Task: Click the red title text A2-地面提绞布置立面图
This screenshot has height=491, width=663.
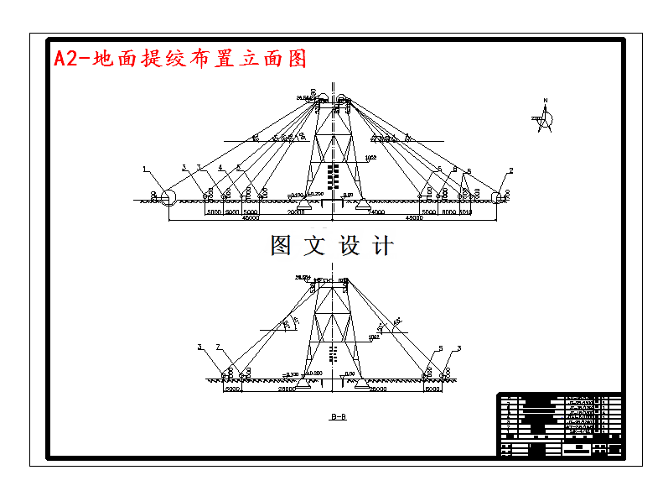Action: click(x=179, y=58)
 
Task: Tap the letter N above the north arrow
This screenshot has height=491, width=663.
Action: click(x=545, y=102)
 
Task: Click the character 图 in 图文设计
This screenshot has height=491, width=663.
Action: click(x=281, y=246)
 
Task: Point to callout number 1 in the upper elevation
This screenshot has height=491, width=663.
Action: click(x=144, y=169)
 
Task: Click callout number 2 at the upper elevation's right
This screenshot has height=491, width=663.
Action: click(x=511, y=170)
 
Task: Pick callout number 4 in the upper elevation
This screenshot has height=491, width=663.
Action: click(x=220, y=168)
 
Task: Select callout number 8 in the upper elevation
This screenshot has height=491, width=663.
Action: click(x=454, y=169)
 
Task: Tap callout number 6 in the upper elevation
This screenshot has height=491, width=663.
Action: click(x=469, y=170)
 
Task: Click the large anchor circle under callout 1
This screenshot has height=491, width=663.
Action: click(x=167, y=198)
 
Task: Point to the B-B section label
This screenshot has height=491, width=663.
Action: click(x=339, y=415)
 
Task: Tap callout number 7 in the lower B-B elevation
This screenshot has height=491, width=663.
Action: click(x=218, y=347)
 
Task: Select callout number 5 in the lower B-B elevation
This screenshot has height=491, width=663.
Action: click(x=439, y=347)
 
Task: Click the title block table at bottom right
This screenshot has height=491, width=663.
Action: click(x=560, y=425)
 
